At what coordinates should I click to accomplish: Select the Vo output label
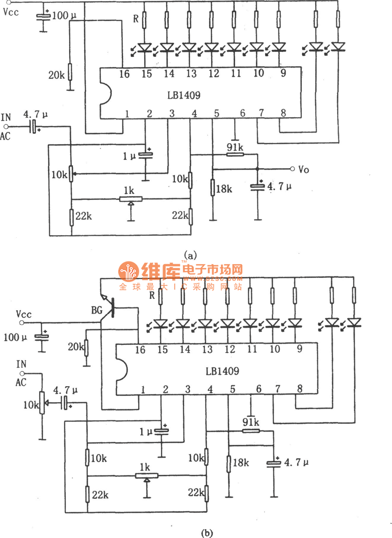(x=303, y=169)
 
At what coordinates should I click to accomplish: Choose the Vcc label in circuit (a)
(x=10, y=12)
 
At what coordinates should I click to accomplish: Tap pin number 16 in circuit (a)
(x=124, y=73)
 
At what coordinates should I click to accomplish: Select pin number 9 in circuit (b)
(x=296, y=349)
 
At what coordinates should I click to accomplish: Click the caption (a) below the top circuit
(x=190, y=255)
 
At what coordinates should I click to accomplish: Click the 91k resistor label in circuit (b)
(x=251, y=421)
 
